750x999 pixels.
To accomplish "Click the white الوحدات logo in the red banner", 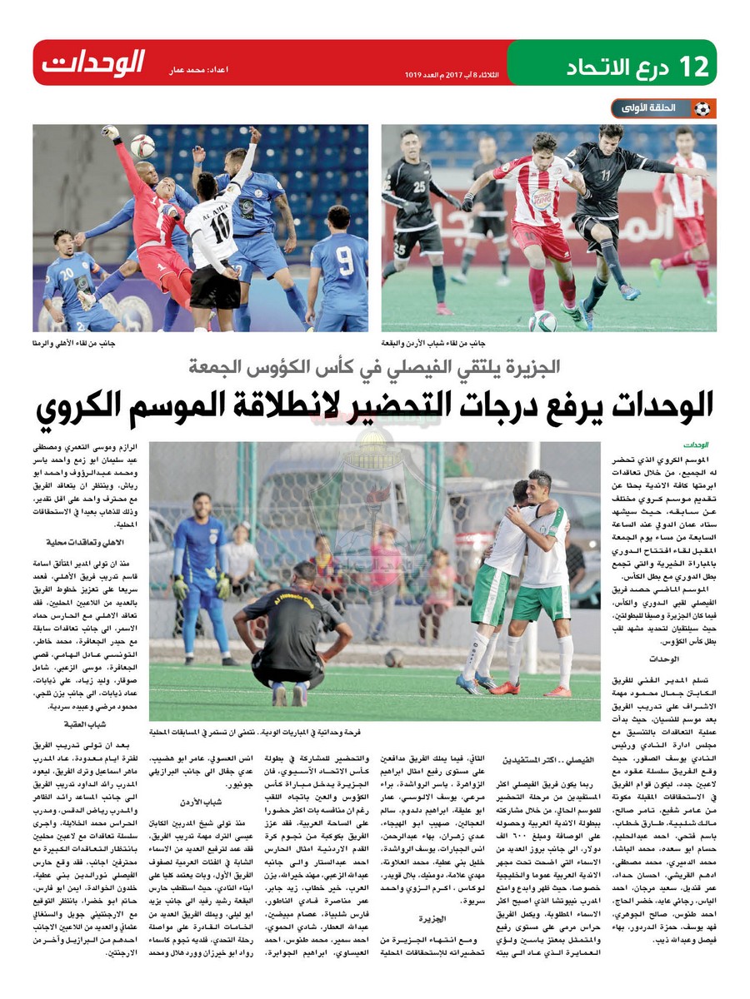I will [x=93, y=62].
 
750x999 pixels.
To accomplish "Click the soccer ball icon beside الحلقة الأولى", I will [x=702, y=108].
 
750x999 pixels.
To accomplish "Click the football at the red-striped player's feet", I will [x=542, y=321].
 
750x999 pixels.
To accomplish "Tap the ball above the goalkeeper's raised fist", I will [x=142, y=145].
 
